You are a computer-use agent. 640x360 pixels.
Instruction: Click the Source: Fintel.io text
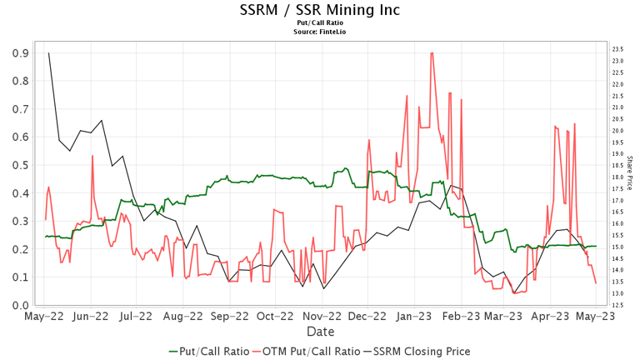(319, 32)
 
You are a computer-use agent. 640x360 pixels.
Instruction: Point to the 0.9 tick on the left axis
(17, 52)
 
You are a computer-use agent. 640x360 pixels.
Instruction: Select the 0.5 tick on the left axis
(17, 165)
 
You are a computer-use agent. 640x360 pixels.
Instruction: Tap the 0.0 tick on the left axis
(17, 306)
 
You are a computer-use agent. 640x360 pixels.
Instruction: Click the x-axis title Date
(319, 332)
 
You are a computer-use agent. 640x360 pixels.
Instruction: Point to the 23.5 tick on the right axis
(618, 50)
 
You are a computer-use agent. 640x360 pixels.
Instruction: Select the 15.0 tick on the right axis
(618, 247)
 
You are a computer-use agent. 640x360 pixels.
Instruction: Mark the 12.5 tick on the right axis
(618, 306)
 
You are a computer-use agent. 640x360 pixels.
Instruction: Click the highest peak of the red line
(431, 53)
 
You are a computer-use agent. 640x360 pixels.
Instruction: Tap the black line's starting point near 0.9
(48, 53)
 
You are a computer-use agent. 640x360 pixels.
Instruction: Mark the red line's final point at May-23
(596, 283)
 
